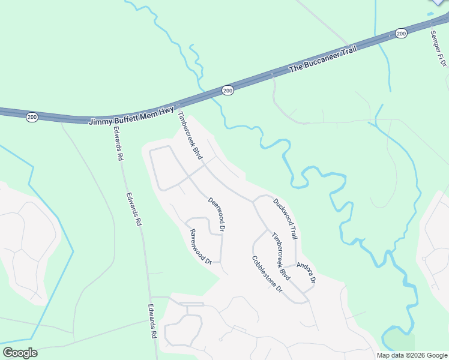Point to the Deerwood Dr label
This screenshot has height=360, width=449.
(216, 215)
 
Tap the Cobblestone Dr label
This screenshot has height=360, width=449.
(267, 274)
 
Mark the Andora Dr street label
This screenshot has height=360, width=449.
(306, 272)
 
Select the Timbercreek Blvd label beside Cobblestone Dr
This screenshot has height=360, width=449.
(280, 257)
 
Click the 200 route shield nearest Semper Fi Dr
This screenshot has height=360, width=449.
(401, 33)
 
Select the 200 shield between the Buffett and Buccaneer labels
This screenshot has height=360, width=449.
(228, 90)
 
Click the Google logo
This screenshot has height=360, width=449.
(20, 353)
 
